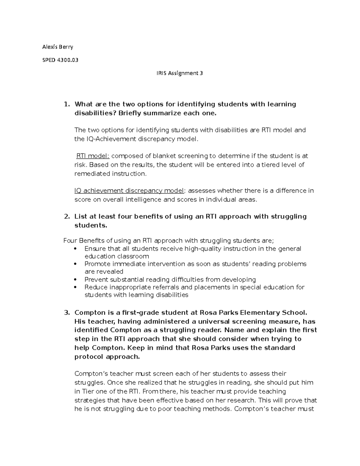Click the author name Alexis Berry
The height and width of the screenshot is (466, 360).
tap(57, 47)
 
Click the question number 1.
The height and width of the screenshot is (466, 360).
tap(67, 104)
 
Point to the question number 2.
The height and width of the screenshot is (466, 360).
tap(67, 216)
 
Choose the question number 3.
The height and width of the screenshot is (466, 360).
tap(67, 313)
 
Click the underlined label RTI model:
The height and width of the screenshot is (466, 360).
tap(93, 156)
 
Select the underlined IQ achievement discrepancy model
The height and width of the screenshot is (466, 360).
tap(129, 191)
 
